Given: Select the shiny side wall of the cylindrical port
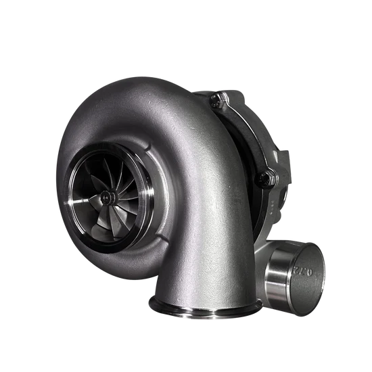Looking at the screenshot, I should [x=278, y=277].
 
